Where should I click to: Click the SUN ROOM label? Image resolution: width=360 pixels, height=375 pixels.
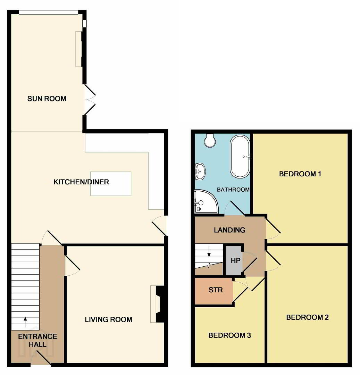pyautogui.click(x=47, y=99)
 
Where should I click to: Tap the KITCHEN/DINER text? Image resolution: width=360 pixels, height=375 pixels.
pyautogui.click(x=81, y=182)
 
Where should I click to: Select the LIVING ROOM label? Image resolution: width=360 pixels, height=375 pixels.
pyautogui.click(x=109, y=319)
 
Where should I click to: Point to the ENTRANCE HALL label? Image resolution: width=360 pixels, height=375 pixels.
pyautogui.click(x=37, y=340)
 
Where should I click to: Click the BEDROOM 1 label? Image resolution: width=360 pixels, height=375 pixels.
pyautogui.click(x=300, y=174)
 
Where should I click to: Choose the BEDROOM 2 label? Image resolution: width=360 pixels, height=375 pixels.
pyautogui.click(x=308, y=317)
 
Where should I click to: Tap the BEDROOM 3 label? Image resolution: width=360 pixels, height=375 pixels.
pyautogui.click(x=230, y=335)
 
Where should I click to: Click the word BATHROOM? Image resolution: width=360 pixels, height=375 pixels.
pyautogui.click(x=233, y=190)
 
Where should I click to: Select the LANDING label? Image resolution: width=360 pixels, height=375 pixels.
pyautogui.click(x=229, y=230)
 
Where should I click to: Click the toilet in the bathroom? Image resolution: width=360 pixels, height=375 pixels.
pyautogui.click(x=210, y=140)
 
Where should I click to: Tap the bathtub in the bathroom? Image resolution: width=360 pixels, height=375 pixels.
pyautogui.click(x=240, y=157)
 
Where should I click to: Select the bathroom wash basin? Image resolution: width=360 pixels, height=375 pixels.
pyautogui.click(x=200, y=171)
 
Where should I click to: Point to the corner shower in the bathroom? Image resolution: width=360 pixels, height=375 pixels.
pyautogui.click(x=206, y=201)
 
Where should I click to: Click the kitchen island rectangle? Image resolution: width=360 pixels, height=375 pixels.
pyautogui.click(x=111, y=184)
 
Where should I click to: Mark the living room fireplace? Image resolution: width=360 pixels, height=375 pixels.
pyautogui.click(x=158, y=304)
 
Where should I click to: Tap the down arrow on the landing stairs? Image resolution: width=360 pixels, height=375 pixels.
pyautogui.click(x=209, y=252)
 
